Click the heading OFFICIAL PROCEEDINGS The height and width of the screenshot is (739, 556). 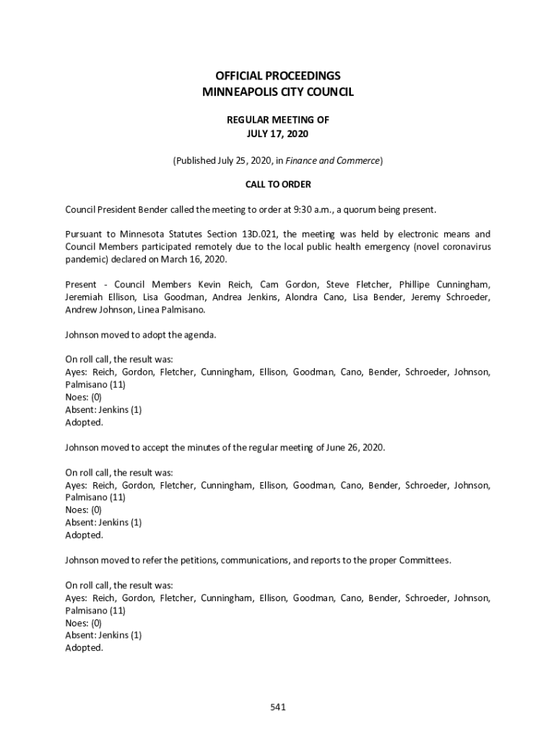pyautogui.click(x=278, y=76)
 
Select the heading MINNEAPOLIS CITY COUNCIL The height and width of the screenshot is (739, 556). pyautogui.click(x=278, y=92)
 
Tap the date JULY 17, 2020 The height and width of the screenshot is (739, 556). pyautogui.click(x=278, y=134)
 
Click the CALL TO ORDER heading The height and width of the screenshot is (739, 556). pyautogui.click(x=278, y=185)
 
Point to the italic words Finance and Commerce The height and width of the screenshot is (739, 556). pyautogui.click(x=340, y=160)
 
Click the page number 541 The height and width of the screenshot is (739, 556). pyautogui.click(x=278, y=707)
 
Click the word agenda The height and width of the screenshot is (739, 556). pyautogui.click(x=200, y=335)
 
